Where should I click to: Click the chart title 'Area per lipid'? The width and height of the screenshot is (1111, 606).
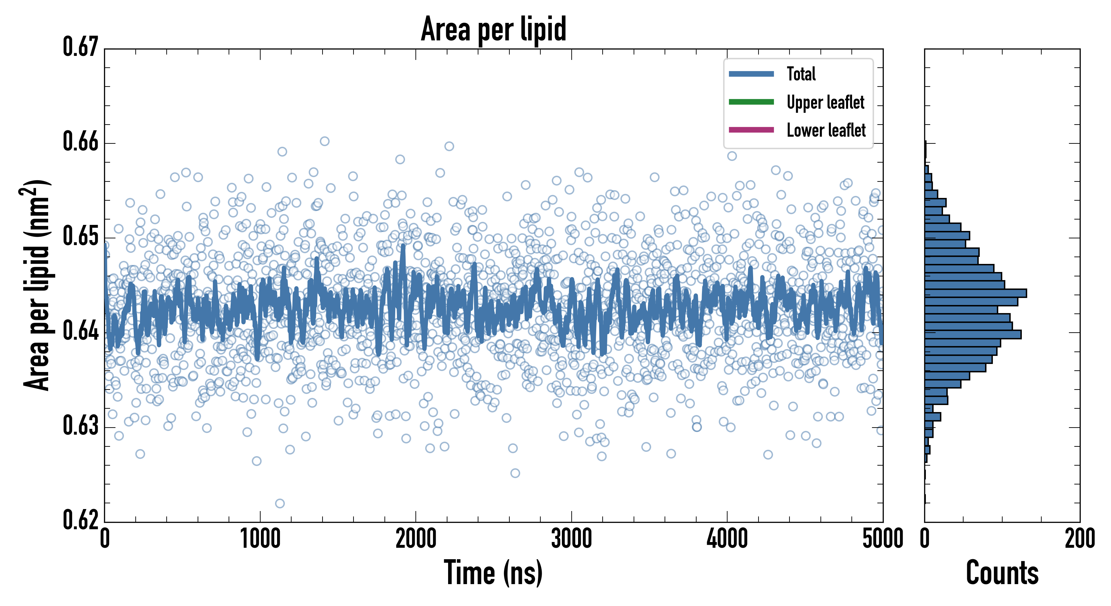pyautogui.click(x=494, y=29)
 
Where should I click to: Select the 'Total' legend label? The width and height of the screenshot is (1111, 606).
pyautogui.click(x=801, y=74)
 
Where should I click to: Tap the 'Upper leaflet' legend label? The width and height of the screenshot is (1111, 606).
pyautogui.click(x=825, y=102)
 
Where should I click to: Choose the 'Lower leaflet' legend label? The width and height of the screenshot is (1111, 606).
pyautogui.click(x=826, y=130)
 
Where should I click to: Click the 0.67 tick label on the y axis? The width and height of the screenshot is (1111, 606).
pyautogui.click(x=81, y=47)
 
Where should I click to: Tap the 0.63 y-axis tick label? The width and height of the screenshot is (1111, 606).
pyautogui.click(x=81, y=426)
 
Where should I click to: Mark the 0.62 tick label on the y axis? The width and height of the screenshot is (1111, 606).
pyautogui.click(x=81, y=520)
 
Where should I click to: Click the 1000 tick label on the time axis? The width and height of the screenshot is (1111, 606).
pyautogui.click(x=260, y=539)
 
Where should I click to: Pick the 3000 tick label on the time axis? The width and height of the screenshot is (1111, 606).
pyautogui.click(x=571, y=539)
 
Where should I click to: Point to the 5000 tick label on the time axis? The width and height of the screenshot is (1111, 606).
pyautogui.click(x=882, y=539)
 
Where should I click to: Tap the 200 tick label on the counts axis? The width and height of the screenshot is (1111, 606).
pyautogui.click(x=1079, y=539)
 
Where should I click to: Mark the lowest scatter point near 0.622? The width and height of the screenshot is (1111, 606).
pyautogui.click(x=280, y=503)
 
